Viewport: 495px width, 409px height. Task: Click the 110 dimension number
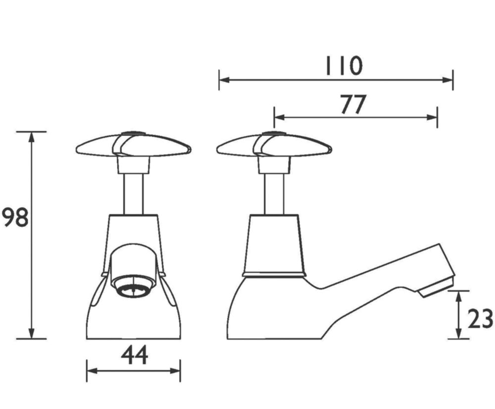[344, 66]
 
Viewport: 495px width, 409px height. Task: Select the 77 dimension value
[353, 104]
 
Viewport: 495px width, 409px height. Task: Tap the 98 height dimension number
[15, 217]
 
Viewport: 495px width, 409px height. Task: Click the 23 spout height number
[480, 318]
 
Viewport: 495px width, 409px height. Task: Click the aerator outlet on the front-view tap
[134, 287]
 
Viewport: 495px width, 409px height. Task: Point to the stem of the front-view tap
[133, 194]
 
